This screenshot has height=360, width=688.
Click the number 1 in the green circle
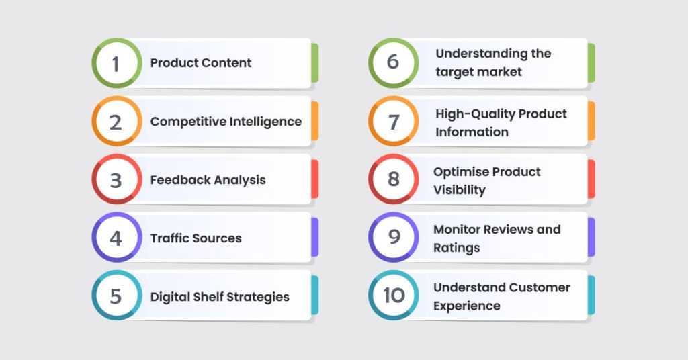point(116,63)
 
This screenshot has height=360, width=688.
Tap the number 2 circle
point(116,122)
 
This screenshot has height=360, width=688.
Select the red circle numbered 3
point(116,180)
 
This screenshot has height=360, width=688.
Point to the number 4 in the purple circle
point(116,238)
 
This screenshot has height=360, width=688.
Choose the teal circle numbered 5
point(116,296)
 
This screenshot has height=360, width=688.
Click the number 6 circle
point(394,62)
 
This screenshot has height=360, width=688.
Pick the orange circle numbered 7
point(394,122)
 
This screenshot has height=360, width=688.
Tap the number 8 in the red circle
point(394,179)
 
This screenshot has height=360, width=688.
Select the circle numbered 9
point(394,237)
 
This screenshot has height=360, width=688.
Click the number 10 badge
point(394,296)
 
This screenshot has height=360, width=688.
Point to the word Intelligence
point(263,122)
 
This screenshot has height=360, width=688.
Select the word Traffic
point(169,238)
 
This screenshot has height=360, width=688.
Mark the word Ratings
point(457,248)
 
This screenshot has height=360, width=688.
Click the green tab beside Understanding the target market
point(591,63)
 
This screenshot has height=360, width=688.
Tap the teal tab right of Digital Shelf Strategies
point(314,296)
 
